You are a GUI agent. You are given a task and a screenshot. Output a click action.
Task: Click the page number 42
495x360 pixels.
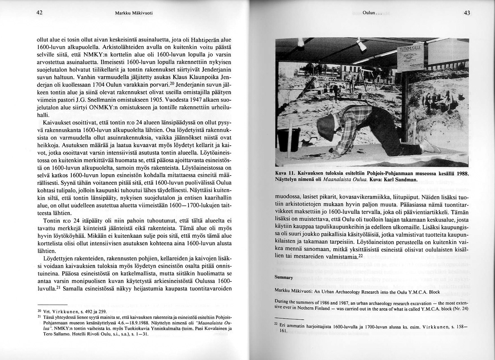[40, 13]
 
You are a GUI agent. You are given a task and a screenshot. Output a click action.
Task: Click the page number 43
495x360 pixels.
[467, 13]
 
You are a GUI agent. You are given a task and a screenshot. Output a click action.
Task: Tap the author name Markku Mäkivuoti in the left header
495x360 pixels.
[134, 13]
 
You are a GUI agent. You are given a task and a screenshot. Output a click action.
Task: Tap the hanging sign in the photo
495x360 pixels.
[410, 58]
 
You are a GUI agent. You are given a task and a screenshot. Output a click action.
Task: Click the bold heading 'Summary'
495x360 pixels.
[283, 277]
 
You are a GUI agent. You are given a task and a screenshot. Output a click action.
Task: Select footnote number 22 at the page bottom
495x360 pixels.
[277, 325]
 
